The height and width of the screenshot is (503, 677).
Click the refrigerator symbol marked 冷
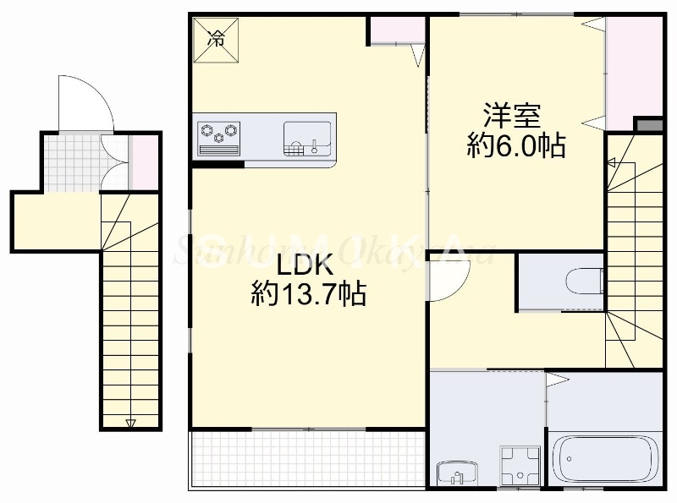[217, 38]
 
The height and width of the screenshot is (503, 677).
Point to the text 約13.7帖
[308, 294]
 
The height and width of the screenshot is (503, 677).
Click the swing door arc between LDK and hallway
[444, 281]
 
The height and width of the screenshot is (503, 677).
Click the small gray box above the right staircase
[648, 126]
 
